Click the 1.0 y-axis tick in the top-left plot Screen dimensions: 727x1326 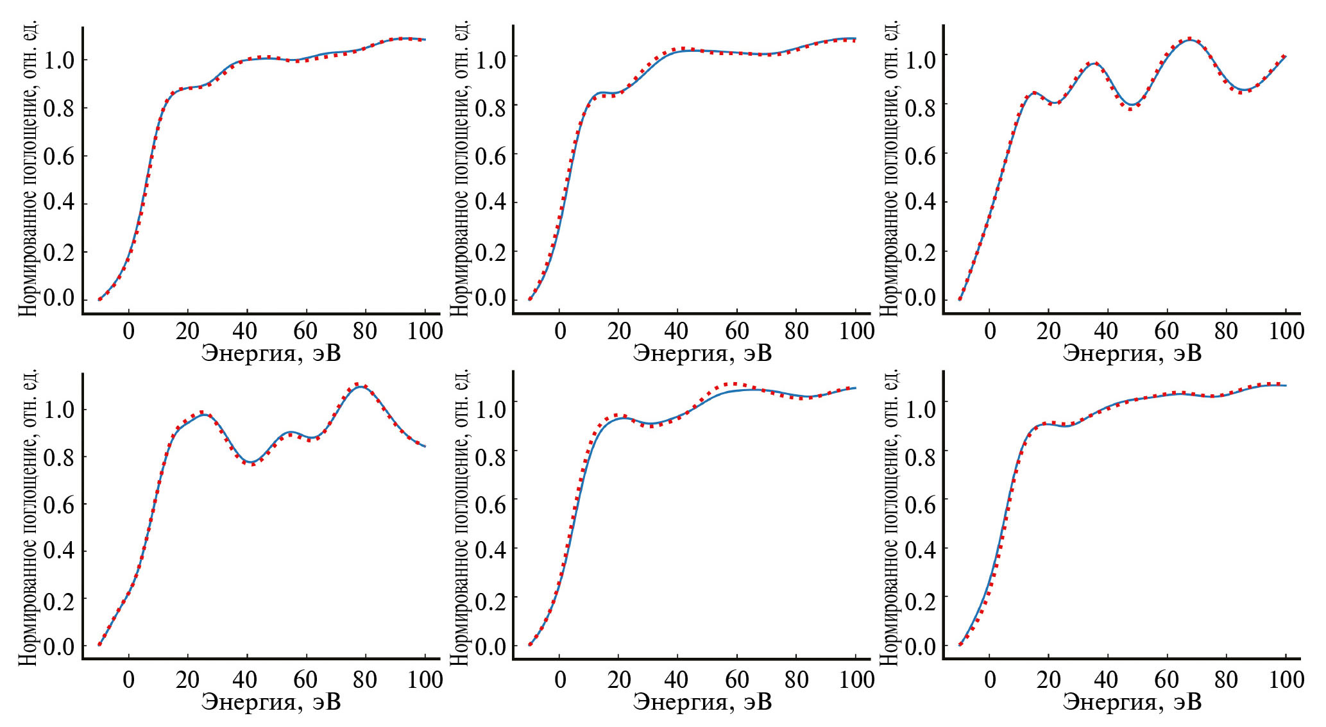coord(58,60)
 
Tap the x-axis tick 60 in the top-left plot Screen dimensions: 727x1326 coord(305,331)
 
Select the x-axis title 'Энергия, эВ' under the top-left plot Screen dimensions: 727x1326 coord(271,353)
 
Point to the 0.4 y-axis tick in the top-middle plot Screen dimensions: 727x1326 coord(490,203)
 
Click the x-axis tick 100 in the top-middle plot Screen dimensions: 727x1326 coord(856,331)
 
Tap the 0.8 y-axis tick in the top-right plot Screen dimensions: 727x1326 coord(920,106)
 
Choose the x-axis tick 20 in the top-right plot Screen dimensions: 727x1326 coord(1049,331)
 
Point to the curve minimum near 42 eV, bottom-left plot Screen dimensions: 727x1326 coord(252,462)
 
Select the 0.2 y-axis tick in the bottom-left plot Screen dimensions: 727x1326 coord(58,599)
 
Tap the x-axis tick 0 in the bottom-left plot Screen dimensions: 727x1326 coord(129,680)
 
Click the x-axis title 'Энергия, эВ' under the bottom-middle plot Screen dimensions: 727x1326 coord(702,702)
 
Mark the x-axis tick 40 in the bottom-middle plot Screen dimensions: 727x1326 coord(677,680)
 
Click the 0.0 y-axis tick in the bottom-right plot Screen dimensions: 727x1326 coord(920,646)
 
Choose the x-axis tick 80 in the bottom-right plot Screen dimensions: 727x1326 coord(1226,680)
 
